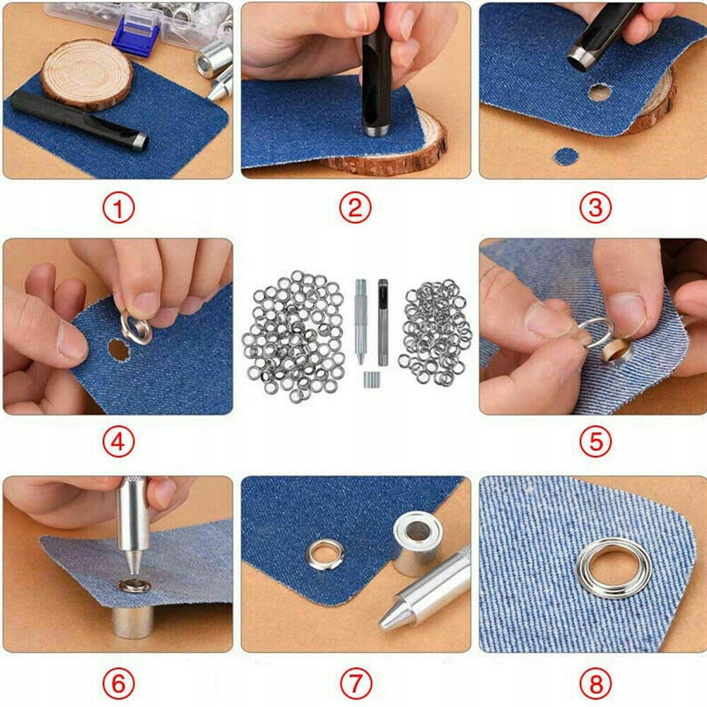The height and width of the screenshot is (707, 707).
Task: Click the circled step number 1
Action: [118, 209]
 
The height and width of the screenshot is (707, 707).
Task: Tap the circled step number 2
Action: [356, 208]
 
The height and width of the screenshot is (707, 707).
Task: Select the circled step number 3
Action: [595, 208]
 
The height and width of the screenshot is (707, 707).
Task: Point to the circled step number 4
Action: [118, 443]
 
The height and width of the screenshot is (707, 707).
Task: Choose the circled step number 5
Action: [595, 441]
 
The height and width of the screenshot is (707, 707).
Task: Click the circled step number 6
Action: [118, 683]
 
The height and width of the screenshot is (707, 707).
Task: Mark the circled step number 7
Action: [356, 683]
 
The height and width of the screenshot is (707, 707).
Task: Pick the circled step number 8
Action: [595, 683]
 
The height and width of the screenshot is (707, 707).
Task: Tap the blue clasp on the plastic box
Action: [135, 38]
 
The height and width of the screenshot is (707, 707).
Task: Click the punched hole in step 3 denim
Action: [600, 93]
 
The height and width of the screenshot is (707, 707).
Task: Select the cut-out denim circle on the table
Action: [566, 156]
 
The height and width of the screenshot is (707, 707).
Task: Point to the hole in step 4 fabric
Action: [117, 350]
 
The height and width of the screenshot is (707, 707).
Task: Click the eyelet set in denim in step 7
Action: [325, 554]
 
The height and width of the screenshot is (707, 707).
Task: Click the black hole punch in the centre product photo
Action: [382, 322]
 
